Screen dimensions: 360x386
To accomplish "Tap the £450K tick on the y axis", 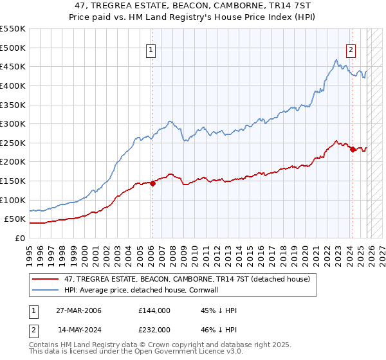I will [13, 67].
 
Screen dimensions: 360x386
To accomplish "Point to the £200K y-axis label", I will [13, 162].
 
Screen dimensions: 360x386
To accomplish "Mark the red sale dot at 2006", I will [152, 183].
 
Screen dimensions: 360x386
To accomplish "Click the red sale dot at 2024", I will [353, 150].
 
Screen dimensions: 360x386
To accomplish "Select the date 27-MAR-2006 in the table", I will [78, 310].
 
